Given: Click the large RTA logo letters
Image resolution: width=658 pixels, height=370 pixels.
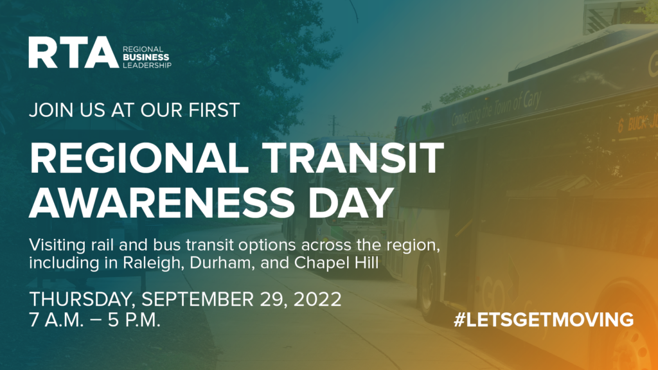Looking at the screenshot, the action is click(x=73, y=53).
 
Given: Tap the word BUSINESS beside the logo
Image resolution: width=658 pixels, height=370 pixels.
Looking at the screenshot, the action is click(x=146, y=57).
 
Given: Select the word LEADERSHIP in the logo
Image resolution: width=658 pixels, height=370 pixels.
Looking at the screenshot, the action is click(x=147, y=65).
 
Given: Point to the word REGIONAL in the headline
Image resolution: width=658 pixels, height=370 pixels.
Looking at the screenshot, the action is click(x=139, y=158).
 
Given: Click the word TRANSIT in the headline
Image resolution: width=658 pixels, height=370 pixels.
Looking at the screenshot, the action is click(x=353, y=158).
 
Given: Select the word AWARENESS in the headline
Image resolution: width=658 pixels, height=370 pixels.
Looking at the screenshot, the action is click(x=161, y=202).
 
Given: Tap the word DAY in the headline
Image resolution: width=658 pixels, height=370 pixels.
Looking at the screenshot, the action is click(x=351, y=202).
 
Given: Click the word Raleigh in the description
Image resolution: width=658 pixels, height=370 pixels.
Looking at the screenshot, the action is click(x=154, y=263).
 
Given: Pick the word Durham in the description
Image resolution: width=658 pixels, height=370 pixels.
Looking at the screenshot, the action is click(x=222, y=263).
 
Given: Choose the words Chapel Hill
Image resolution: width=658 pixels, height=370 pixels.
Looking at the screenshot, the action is click(x=336, y=263).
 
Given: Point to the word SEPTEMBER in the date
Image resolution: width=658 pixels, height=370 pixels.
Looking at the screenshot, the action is click(x=198, y=299).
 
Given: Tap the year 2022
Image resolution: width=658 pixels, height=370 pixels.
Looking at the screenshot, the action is click(x=317, y=299).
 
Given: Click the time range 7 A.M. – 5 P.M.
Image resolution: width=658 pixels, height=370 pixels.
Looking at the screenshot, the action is click(x=95, y=320).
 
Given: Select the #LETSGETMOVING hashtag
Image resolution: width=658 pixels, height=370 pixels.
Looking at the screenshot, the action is click(x=544, y=320).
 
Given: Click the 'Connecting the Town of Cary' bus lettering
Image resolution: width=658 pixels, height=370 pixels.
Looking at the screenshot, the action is click(x=496, y=108).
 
